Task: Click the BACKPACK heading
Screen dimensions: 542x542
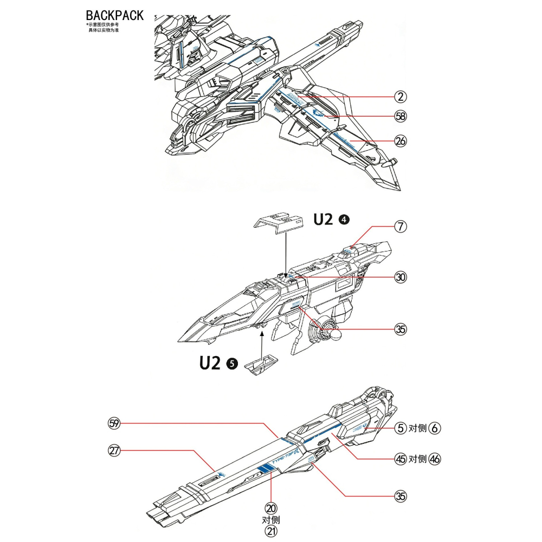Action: (x=115, y=15)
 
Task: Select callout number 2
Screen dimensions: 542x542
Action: (x=401, y=97)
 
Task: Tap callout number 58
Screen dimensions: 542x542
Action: (x=401, y=116)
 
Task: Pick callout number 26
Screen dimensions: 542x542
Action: (x=401, y=141)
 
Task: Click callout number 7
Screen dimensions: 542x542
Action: (x=401, y=227)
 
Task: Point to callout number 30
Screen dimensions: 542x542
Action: (x=401, y=278)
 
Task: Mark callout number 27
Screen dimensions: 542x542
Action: (x=114, y=451)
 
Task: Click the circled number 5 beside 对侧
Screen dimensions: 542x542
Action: (x=401, y=429)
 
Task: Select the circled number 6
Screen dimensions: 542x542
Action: (x=435, y=429)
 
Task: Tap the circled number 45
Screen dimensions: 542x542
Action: (x=401, y=459)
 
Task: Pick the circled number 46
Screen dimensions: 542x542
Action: (x=435, y=459)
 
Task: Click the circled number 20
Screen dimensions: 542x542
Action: (x=270, y=508)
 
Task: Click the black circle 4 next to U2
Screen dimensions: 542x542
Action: (x=344, y=220)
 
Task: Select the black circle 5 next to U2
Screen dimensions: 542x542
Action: (x=231, y=364)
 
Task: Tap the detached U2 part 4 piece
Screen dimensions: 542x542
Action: (x=277, y=222)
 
